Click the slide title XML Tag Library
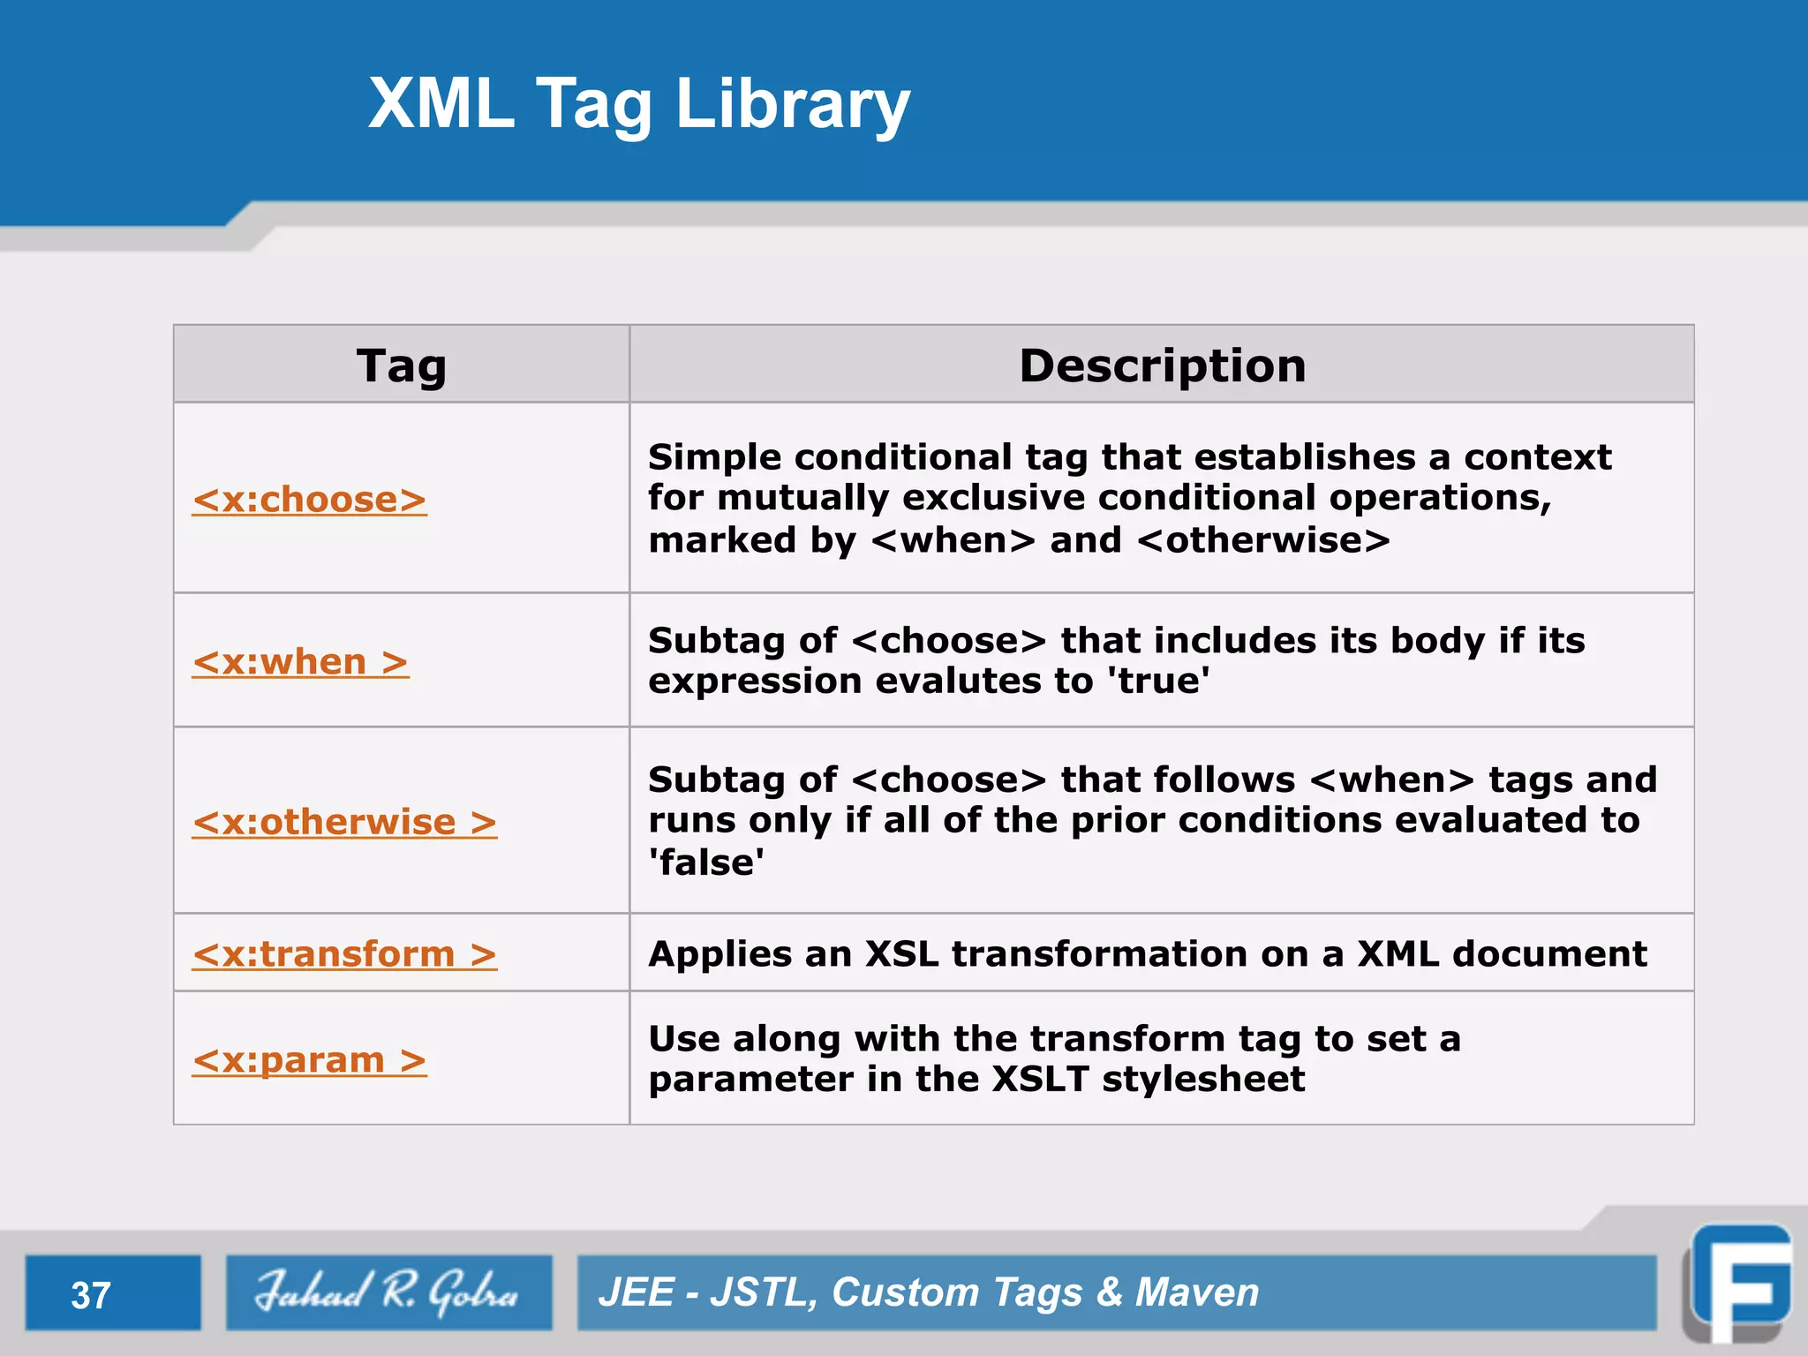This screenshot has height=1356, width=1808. [638, 103]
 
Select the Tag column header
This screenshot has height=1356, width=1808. [401, 365]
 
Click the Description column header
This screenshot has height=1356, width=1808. [1162, 365]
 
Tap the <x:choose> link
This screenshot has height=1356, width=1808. [310, 500]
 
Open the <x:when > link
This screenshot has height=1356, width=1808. [300, 662]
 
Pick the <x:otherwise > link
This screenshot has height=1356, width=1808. [344, 823]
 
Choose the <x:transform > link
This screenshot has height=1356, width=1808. [344, 954]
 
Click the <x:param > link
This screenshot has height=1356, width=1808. [309, 1060]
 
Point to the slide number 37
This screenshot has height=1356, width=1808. [91, 1295]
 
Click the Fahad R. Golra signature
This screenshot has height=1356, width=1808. [388, 1292]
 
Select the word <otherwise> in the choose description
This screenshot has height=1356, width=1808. [1263, 540]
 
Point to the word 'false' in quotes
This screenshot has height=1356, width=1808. [706, 863]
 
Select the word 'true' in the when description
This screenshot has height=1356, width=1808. [1157, 682]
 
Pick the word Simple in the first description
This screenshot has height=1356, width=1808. [714, 457]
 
